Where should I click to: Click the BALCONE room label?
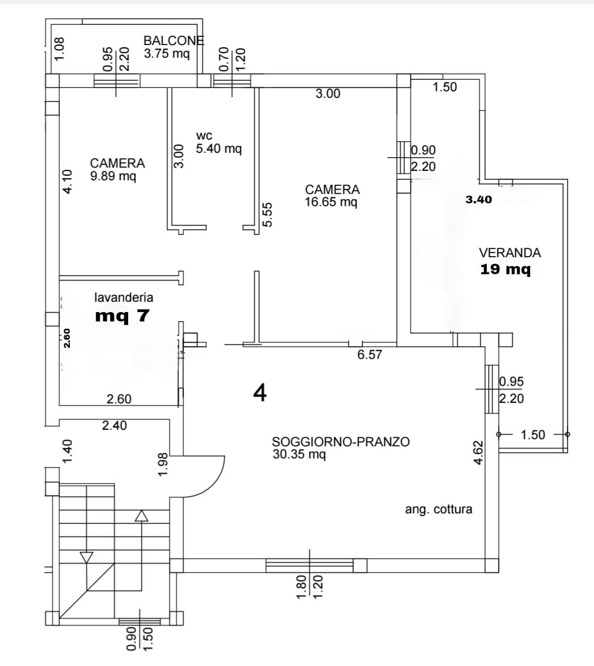173,40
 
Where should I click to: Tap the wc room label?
204,136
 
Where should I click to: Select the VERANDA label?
510,253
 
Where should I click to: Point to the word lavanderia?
124,298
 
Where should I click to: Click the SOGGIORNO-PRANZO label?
340,442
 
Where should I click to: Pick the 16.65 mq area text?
331,202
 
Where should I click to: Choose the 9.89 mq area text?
113,176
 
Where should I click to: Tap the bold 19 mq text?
505,269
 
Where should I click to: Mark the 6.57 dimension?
370,355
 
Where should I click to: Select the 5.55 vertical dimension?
267,214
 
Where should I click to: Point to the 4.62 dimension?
479,452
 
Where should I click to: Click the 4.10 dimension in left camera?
67,181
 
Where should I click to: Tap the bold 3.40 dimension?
479,199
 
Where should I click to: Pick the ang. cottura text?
438,509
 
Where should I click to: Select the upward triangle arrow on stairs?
142,515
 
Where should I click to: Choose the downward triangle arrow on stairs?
86,557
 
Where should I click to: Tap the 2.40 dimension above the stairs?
114,425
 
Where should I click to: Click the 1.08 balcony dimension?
59,48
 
